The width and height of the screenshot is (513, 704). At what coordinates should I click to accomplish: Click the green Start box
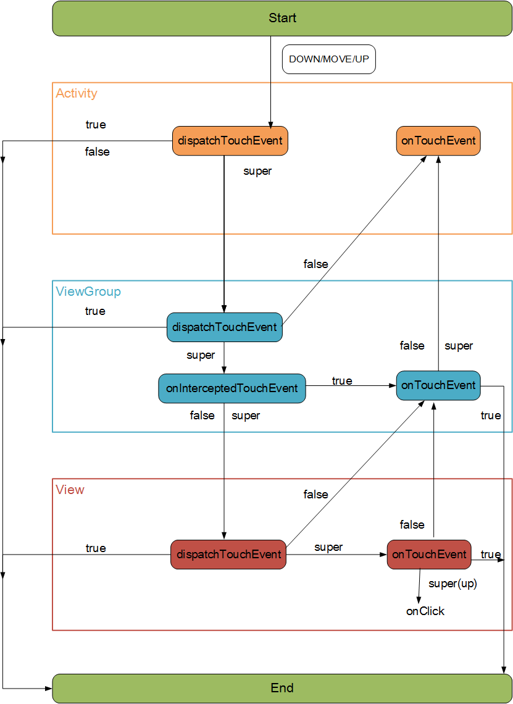pos(282,19)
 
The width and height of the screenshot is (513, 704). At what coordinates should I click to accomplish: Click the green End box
pos(282,689)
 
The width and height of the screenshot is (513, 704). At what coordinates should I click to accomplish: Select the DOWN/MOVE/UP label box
pos(329,59)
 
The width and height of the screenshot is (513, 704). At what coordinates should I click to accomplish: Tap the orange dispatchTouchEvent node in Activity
pos(230,141)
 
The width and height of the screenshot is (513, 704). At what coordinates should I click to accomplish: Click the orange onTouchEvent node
pos(438,141)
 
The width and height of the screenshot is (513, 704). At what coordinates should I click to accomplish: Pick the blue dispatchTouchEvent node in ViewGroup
pos(225,327)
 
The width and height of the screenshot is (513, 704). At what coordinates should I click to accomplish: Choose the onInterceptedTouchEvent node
pos(232,388)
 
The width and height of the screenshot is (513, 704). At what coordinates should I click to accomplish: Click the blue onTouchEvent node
pos(438,386)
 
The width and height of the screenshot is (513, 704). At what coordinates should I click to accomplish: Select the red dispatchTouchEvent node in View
pos(228,555)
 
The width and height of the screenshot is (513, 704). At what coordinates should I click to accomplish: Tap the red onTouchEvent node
pos(429,555)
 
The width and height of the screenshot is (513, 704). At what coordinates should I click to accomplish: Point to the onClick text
pos(425,611)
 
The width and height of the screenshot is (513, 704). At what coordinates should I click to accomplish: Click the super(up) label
pos(453,584)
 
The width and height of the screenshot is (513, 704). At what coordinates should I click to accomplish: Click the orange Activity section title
pos(77,93)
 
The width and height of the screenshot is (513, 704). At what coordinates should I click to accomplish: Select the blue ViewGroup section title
pos(88,291)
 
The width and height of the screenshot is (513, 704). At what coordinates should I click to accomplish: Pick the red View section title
pos(70,489)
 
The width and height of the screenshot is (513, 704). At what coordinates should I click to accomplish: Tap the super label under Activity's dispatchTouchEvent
pos(257,172)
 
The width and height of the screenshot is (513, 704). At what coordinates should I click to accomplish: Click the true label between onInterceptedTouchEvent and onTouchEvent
pos(342,381)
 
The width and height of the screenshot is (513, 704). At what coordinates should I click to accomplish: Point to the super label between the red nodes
pos(328,547)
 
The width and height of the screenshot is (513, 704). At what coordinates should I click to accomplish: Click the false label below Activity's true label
pos(98,152)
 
